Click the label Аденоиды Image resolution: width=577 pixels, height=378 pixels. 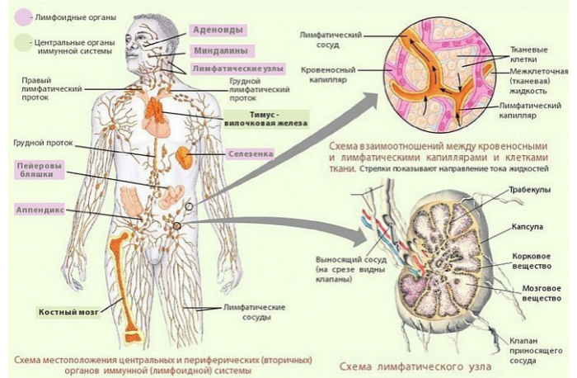click(218, 31)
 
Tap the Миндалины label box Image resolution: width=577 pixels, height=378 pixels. click(221, 50)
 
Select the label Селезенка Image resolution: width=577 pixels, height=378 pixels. click(251, 154)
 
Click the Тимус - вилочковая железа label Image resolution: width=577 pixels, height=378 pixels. click(265, 119)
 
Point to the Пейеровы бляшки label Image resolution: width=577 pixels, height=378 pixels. click(40, 170)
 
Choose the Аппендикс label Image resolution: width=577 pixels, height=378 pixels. click(40, 210)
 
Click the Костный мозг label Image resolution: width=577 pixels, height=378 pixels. click(68, 312)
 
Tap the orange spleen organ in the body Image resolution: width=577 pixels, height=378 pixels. click(184, 158)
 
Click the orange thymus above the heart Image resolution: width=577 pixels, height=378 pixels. click(155, 110)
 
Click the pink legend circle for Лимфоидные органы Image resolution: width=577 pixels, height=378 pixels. click(23, 17)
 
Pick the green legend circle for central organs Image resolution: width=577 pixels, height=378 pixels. click(23, 43)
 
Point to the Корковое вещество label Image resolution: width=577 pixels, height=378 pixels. click(532, 261)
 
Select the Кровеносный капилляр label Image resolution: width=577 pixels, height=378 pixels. click(328, 74)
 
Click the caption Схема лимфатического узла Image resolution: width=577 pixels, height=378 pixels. click(415, 366)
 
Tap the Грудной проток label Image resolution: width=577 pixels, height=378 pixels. click(44, 143)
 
